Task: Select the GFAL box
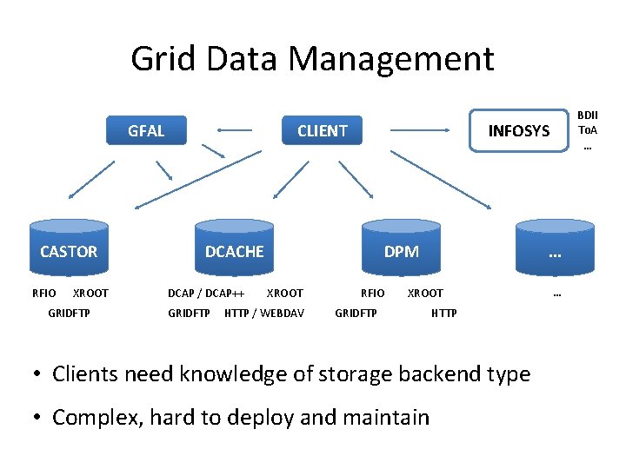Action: (x=146, y=131)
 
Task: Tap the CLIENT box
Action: (x=322, y=131)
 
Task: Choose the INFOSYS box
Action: (x=518, y=131)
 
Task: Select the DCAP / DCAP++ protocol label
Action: (x=206, y=293)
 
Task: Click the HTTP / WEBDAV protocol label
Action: (x=264, y=313)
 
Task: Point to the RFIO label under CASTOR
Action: (x=44, y=293)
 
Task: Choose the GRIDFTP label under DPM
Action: (x=356, y=313)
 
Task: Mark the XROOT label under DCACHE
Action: (x=284, y=293)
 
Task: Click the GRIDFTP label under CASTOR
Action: (x=69, y=313)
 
